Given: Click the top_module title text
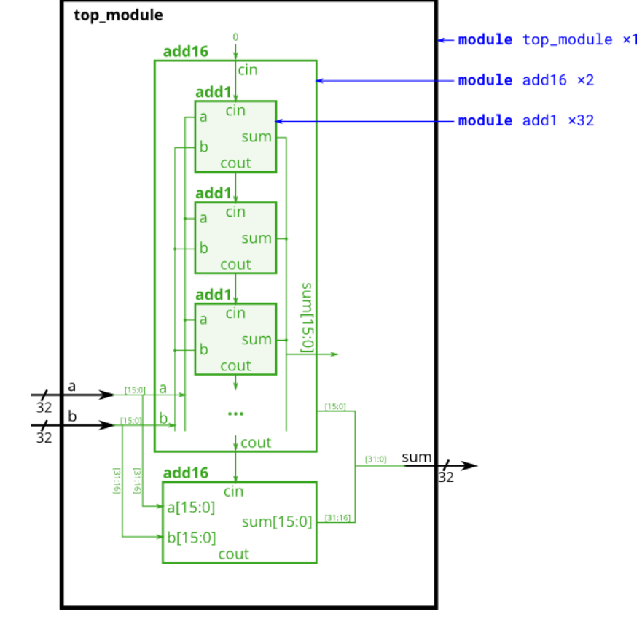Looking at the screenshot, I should point(118,15).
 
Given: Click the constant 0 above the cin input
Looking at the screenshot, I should point(235,36).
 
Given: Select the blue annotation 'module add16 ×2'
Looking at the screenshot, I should point(526,80).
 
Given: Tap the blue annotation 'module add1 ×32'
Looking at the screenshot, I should point(526,120).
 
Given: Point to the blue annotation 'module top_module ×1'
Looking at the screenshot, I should point(548,40).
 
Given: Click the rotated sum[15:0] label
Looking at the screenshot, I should point(307,318).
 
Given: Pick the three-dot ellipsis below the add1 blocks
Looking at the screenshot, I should point(235,414).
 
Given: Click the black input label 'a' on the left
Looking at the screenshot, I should point(71,387).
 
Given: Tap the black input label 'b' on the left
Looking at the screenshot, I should point(71,416).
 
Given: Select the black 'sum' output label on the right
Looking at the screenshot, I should point(417,457).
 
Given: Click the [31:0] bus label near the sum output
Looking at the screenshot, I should point(375,459).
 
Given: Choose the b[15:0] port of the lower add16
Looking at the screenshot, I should point(192,538).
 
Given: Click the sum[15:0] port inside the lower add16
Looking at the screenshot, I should point(277,522).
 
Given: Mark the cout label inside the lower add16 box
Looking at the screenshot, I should point(234,554).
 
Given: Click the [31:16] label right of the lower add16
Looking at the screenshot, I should point(337,518).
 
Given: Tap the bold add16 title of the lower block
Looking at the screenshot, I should point(186,473).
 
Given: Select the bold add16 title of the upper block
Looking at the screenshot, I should point(186,52).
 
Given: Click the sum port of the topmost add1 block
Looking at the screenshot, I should point(257,137).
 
